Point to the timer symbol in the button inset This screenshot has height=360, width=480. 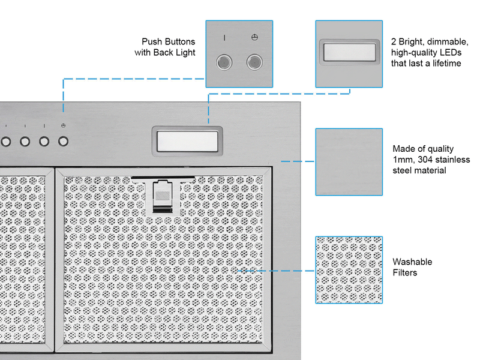(x=254, y=37)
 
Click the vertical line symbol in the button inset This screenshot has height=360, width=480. (x=224, y=37)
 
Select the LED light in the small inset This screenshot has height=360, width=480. (x=349, y=53)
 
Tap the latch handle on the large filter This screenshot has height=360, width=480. (x=161, y=196)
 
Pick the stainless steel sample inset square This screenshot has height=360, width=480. (x=349, y=161)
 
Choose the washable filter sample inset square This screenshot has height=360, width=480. (x=349, y=270)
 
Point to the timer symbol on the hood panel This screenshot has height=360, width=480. (x=64, y=125)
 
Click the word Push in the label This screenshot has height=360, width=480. (x=152, y=42)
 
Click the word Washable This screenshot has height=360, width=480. (x=412, y=262)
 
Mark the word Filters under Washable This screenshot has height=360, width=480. (x=405, y=273)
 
